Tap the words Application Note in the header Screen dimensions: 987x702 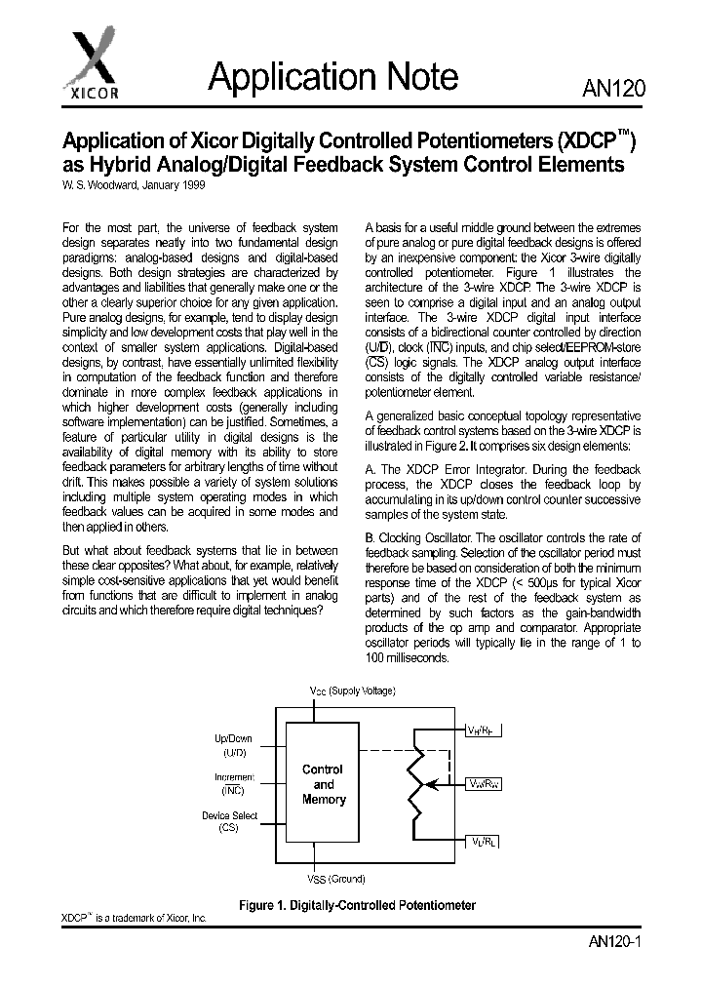coord(332,77)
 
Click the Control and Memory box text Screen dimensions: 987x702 coord(324,784)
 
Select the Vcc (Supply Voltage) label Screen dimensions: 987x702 coord(352,691)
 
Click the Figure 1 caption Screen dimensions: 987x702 coord(357,905)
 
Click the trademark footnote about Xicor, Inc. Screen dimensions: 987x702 coord(135,919)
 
